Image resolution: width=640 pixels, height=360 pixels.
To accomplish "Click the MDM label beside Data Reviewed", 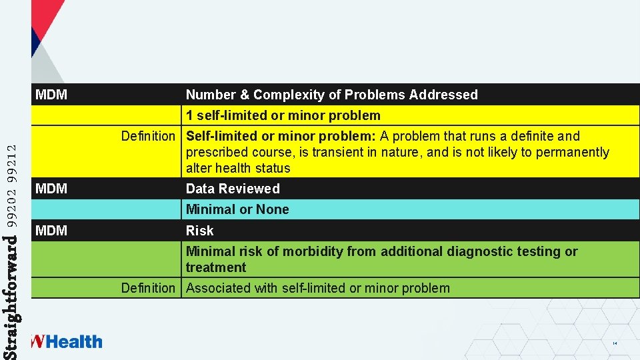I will point(51,189).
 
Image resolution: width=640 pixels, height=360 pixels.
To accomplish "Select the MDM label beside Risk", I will point(51,231).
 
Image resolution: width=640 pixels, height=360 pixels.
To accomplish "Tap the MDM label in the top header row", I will point(51,95).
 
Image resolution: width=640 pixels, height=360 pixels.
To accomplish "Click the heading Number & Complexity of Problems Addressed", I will point(331,95).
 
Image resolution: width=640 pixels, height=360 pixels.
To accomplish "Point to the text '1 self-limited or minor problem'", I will point(283,115).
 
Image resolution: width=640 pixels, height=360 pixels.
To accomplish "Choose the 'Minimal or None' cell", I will point(237,209).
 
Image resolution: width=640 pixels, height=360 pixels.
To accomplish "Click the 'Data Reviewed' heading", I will point(233,189).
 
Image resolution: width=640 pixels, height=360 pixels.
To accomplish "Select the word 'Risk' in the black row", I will point(199,231).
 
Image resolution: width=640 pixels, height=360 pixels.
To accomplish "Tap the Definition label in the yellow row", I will point(147,136).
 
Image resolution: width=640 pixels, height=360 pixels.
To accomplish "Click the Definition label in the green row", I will point(147,288).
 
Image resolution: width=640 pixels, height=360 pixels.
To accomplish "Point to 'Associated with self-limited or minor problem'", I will point(317,288).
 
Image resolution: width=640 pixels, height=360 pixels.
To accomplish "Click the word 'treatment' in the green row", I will point(216,267).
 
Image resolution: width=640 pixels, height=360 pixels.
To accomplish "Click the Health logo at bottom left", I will point(67,342).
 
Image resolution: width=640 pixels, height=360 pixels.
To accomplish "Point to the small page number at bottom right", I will point(614,343).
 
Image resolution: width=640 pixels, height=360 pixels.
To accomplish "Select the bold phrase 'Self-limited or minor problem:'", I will point(281,136).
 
